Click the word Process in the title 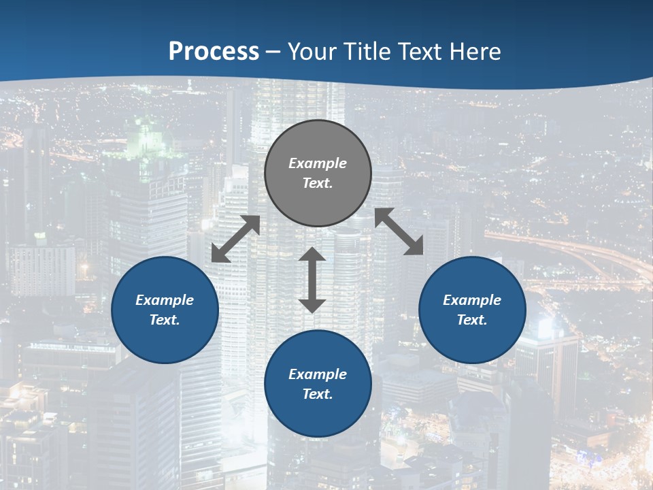214,51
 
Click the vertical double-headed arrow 312,280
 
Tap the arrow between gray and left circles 235,239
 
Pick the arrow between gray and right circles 399,231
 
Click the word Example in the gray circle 318,163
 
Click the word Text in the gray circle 318,183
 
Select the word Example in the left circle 165,300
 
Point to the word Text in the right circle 472,320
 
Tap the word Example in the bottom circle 318,374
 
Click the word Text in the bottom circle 318,394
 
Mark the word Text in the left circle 165,320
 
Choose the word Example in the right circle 472,300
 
